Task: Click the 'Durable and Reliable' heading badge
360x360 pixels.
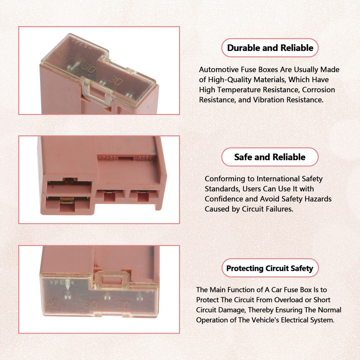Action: (270, 48)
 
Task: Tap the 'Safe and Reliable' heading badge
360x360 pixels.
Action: (270, 157)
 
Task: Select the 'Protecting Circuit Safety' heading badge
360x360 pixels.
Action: (270, 268)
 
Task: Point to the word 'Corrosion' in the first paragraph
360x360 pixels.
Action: (319, 90)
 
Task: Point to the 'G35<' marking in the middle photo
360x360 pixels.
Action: (145, 158)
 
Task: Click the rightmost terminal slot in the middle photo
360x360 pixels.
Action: (142, 196)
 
